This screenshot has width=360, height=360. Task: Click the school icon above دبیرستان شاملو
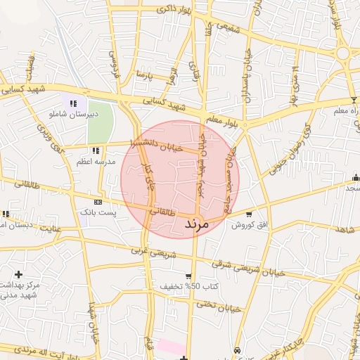[73, 103]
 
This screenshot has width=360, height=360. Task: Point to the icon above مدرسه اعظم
[96, 150]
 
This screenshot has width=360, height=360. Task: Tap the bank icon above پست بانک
[97, 202]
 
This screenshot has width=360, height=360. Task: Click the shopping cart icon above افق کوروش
[249, 214]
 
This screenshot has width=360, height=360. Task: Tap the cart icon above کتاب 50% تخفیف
[188, 276]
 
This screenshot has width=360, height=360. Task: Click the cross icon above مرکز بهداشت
[18, 274]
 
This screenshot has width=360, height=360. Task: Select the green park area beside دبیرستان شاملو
[101, 120]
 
